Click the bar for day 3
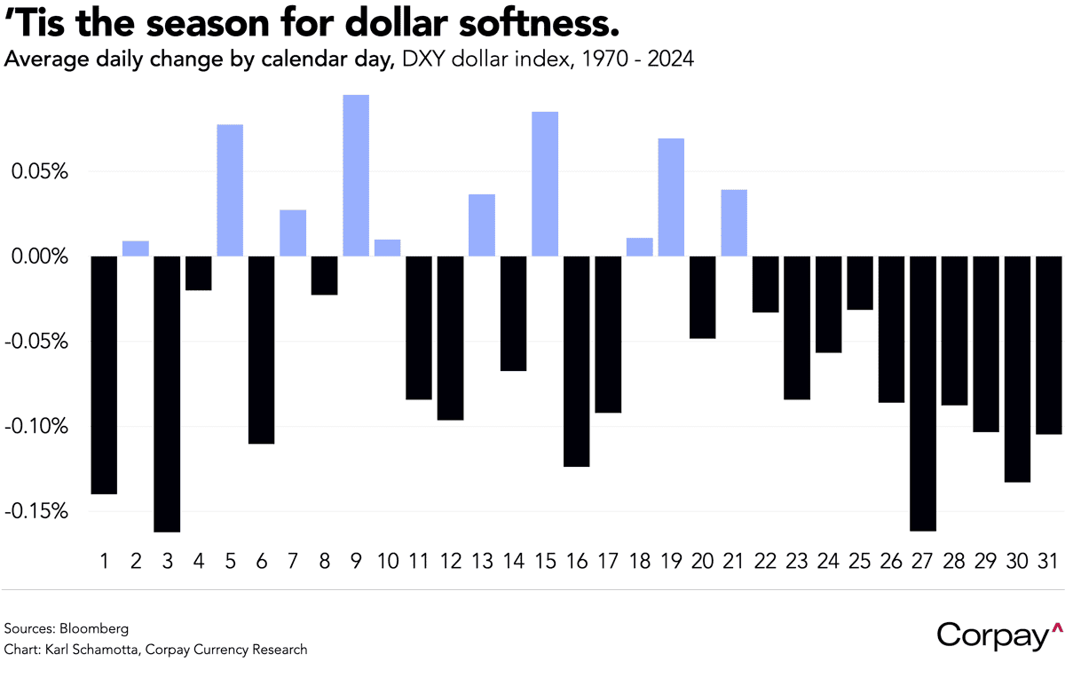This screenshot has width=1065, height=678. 167,394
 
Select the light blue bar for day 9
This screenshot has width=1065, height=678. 356,176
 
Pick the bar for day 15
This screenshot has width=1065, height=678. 545,184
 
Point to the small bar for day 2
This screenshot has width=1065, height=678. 135,248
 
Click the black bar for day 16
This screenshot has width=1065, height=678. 576,361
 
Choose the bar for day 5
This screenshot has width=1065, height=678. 230,190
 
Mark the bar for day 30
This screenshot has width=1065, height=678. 1018,369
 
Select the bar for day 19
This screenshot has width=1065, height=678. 671,197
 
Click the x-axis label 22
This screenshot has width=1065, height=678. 765,561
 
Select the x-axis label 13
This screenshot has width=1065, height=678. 482,561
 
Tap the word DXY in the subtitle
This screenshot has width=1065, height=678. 429,60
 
